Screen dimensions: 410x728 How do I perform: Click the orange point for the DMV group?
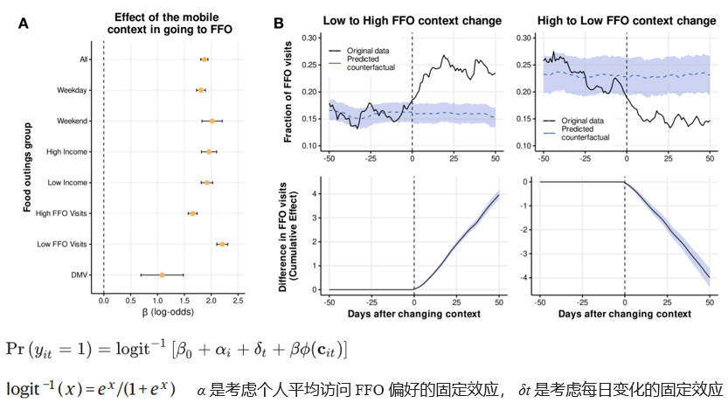(162, 274)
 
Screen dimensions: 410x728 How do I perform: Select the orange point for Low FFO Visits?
(223, 244)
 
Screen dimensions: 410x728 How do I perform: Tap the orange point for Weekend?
(211, 121)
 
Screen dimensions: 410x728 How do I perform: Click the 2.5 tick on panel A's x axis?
(238, 301)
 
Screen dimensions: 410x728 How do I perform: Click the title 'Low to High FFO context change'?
(412, 19)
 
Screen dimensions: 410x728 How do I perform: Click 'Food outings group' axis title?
(31, 165)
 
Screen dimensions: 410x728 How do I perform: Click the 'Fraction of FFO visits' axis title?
(288, 92)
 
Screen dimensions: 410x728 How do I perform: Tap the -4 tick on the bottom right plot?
(525, 278)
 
